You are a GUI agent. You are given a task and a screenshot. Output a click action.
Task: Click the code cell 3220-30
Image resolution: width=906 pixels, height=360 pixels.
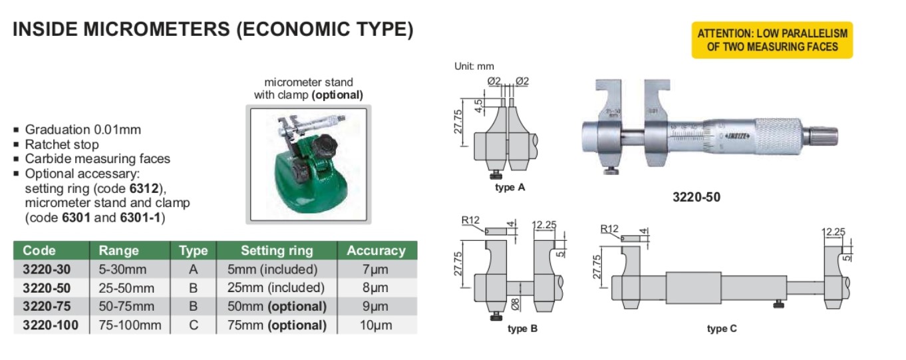click(x=47, y=270)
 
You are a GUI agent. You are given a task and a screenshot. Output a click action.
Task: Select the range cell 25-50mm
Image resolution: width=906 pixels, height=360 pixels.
click(x=126, y=288)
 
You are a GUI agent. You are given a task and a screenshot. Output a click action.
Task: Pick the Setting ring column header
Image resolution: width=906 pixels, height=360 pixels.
click(x=277, y=251)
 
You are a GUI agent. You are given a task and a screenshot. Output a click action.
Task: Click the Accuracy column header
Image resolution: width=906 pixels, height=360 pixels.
click(x=376, y=251)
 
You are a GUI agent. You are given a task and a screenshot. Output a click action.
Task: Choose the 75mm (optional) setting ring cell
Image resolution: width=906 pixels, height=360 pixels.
click(x=277, y=325)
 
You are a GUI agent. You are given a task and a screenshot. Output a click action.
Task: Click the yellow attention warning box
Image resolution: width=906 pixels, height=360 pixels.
click(x=772, y=40)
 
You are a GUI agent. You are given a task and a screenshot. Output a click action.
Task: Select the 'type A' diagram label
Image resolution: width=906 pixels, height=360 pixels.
click(x=510, y=188)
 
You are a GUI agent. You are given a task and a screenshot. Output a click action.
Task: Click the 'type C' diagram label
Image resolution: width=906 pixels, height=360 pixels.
click(x=722, y=329)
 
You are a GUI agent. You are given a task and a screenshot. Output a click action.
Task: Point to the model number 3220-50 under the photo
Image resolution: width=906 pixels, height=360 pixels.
click(x=696, y=197)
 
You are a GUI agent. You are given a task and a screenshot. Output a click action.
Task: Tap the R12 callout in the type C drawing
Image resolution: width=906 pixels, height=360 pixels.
click(x=609, y=229)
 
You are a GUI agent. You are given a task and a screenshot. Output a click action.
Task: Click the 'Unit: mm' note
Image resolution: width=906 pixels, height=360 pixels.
click(x=474, y=66)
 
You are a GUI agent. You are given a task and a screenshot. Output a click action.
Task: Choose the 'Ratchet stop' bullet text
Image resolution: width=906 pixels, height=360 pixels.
click(x=62, y=144)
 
